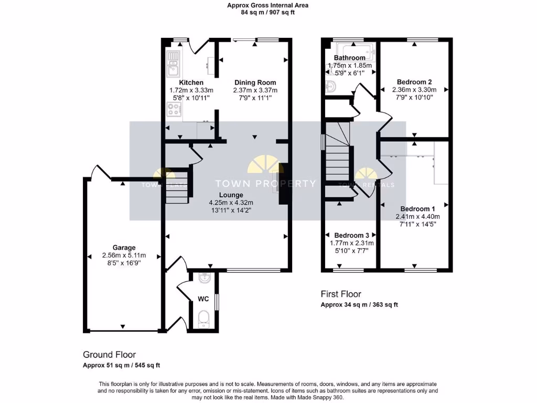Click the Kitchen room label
coord(191,83)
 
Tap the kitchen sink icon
coord(173,62)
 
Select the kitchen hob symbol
coord(174,109)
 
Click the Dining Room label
coord(255,83)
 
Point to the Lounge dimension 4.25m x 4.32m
coord(231,203)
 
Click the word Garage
coord(124,248)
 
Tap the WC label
coord(203,299)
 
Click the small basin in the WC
coord(205,278)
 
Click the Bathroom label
coord(349,58)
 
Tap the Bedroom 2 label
coord(414,82)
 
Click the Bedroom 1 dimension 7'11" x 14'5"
coord(417,224)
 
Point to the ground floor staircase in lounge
coord(177,186)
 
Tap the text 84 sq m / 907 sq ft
coord(267,12)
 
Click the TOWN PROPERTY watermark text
coord(266,184)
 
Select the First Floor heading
coord(341,294)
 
